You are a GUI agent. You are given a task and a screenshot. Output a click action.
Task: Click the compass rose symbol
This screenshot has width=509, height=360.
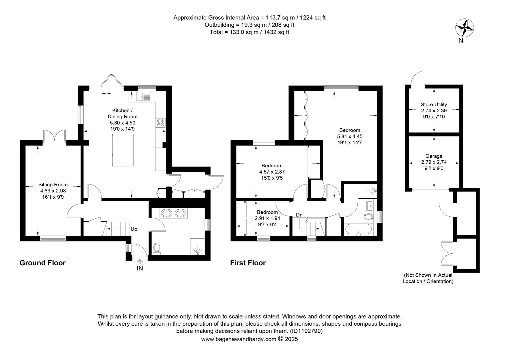pos(464,28)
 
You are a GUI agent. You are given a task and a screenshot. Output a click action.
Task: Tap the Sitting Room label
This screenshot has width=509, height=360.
pos(53,185)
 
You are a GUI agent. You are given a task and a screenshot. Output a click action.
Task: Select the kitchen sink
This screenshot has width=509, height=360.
pos(144,96)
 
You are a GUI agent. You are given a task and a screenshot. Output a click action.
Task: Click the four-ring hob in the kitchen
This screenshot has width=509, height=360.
pos(161,123)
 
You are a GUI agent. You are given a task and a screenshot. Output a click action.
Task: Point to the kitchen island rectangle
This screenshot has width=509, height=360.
pos(123,150)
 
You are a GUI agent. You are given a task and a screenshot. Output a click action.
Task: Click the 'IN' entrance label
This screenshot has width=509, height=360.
pos(140,268)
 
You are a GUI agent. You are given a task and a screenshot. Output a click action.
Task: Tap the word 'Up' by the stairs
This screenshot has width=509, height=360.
pos(134,229)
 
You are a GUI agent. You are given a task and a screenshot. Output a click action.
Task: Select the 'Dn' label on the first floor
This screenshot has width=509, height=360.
pos(299,215)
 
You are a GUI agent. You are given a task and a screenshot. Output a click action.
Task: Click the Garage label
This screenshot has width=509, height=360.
pos(434,156)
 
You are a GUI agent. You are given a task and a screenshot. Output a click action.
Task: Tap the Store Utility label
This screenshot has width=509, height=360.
pos(434,104)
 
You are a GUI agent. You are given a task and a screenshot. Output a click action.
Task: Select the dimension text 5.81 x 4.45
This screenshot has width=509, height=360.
pos(350,136)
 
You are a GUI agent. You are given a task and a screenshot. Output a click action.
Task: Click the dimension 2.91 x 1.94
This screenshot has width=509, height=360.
pos(267,218)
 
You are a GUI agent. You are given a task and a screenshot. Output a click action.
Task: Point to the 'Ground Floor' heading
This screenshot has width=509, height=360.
pos(43,263)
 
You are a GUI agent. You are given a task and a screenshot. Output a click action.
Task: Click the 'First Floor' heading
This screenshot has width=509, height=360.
pos(248,263)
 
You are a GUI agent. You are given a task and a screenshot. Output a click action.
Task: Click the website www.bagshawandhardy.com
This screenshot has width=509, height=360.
pos(239,339)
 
